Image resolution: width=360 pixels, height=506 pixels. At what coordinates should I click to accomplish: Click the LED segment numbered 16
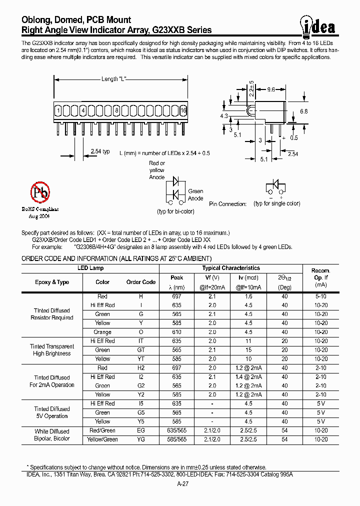tap(183, 110)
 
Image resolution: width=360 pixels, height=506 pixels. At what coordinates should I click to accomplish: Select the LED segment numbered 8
tap(116, 110)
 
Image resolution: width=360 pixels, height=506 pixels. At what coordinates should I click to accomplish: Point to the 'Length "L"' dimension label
tap(116, 79)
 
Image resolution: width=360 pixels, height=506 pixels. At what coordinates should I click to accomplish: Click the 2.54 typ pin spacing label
tap(100, 151)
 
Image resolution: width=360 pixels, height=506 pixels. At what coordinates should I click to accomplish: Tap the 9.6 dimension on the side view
tap(271, 89)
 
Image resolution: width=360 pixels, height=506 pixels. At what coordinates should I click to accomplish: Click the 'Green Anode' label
tap(195, 195)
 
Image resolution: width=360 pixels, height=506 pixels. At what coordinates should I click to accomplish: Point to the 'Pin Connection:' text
tap(228, 204)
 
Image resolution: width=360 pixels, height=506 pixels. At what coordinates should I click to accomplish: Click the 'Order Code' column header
tap(141, 282)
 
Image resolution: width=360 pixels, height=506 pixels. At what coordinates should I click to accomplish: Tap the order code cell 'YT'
tap(141, 359)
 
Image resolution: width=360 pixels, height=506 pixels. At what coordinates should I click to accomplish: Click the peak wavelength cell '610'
tap(177, 332)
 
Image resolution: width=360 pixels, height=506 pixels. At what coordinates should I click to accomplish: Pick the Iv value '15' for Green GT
tap(248, 350)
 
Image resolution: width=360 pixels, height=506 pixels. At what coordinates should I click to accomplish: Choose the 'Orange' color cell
tap(102, 332)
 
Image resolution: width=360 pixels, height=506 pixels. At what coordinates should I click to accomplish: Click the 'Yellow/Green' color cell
tap(102, 439)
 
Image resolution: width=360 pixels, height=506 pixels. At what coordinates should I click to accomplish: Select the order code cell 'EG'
tap(141, 430)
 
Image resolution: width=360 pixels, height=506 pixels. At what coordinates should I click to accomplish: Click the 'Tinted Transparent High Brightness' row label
tap(52, 350)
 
